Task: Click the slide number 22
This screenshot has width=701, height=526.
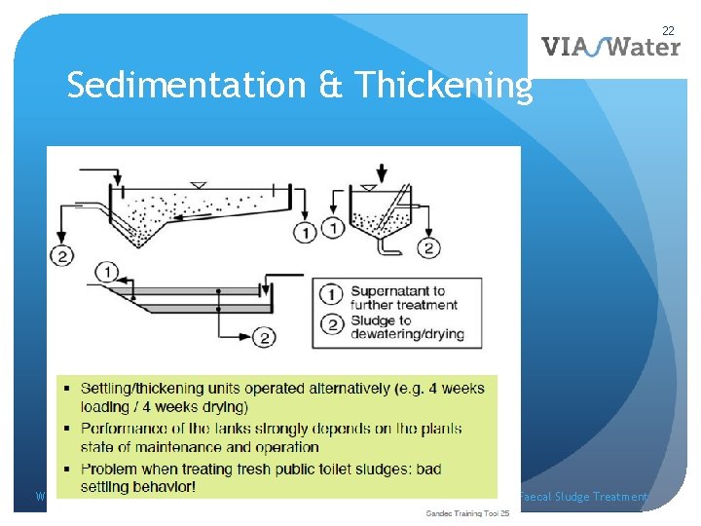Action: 669,30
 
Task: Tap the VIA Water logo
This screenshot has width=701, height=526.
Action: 610,46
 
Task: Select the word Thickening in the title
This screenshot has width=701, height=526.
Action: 444,87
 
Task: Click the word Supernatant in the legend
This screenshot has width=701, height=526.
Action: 397,290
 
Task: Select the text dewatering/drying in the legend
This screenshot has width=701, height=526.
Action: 407,335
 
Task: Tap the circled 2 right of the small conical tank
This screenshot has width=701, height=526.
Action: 428,248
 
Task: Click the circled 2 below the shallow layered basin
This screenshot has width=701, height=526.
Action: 264,338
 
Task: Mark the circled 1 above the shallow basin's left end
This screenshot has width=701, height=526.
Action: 108,270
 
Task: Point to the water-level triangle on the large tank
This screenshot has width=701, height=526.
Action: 200,185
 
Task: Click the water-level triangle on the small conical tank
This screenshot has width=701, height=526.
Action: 369,186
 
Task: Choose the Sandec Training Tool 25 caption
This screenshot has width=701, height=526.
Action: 468,512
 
